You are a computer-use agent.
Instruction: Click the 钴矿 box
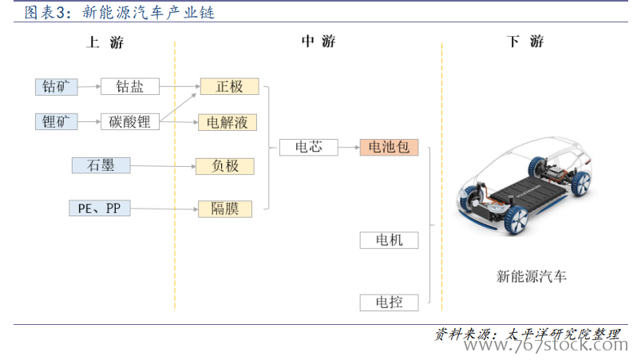pyautogui.click(x=57, y=87)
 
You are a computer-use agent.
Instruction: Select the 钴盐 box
pyautogui.click(x=130, y=87)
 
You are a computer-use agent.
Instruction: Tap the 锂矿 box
pyautogui.click(x=57, y=122)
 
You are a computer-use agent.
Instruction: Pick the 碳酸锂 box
pyautogui.click(x=130, y=122)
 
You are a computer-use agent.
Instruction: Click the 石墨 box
pyautogui.click(x=101, y=165)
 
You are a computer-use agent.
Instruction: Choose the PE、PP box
pyautogui.click(x=100, y=208)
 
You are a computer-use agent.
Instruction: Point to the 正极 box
pyautogui.click(x=229, y=87)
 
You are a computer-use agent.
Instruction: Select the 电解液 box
pyautogui.click(x=228, y=122)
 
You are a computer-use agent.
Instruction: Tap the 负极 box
pyautogui.click(x=225, y=166)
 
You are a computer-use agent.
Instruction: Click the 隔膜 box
pyautogui.click(x=225, y=209)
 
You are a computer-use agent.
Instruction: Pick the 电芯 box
pyautogui.click(x=309, y=147)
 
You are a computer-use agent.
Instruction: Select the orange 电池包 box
pyautogui.click(x=389, y=147)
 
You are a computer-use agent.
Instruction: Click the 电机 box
pyautogui.click(x=390, y=240)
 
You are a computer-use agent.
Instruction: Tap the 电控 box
pyautogui.click(x=390, y=303)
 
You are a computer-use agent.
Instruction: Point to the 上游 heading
pyautogui.click(x=105, y=42)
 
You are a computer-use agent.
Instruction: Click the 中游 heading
pyautogui.click(x=319, y=42)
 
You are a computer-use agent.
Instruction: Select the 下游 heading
pyautogui.click(x=525, y=42)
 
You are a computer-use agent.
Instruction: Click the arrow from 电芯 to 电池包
pyautogui.click(x=349, y=147)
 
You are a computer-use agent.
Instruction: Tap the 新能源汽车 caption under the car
pyautogui.click(x=531, y=277)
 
